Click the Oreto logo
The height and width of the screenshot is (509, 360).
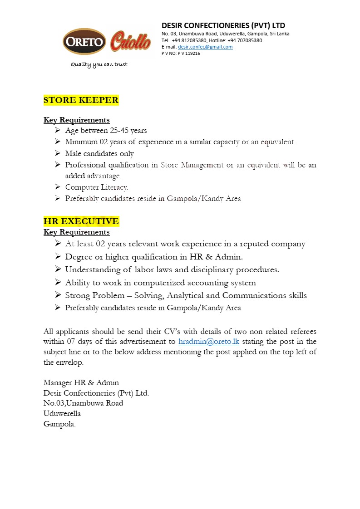coord(84,42)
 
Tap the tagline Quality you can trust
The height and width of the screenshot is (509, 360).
coord(99,64)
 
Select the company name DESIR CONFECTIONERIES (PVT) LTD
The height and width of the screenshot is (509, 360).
coord(223,25)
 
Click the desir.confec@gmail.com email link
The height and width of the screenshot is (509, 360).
coord(205,47)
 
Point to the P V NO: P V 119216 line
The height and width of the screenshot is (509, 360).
coord(181,53)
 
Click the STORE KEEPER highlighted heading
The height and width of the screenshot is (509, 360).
coord(81,100)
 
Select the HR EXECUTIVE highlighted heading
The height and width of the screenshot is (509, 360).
coord(81,221)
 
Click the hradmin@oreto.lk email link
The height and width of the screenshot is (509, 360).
coord(209,341)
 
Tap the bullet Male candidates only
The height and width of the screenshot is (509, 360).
coord(99,153)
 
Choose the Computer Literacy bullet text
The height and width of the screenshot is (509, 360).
coord(96,187)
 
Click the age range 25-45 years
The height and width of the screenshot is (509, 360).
coord(124,131)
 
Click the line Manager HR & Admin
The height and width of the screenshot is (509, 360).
coord(81,382)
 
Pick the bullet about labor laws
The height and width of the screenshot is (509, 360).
coord(172,269)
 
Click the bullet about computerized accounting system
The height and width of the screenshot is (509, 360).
coord(160,283)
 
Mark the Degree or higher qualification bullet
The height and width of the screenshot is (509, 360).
coord(154,257)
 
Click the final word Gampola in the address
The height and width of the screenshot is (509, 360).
coord(59,424)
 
